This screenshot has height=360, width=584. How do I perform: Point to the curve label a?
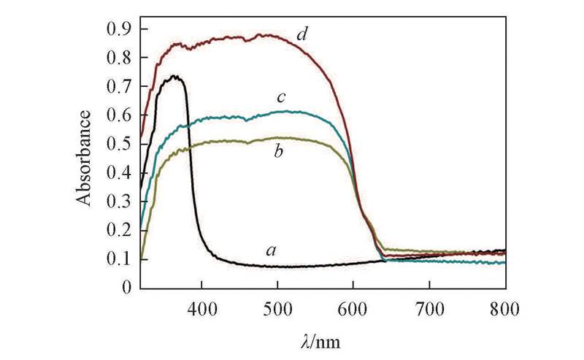tap(271, 250)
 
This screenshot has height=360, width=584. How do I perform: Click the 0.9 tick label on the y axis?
tap(121, 30)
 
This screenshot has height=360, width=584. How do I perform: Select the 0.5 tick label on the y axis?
tap(121, 145)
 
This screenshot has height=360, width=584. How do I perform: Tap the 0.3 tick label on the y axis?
tap(121, 202)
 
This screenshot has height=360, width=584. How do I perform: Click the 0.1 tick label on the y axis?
tap(121, 260)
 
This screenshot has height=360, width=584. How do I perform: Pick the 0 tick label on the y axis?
tap(128, 288)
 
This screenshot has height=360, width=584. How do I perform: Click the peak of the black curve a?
tap(174, 75)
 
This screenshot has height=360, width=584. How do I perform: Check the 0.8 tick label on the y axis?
tap(121, 58)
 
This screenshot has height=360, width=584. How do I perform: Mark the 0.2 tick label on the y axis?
tap(121, 231)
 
